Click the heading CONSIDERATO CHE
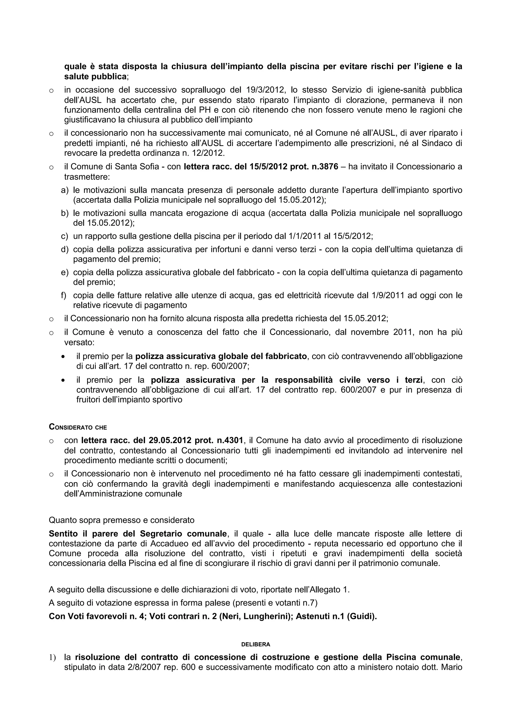click(x=78, y=427)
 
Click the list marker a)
click(x=65, y=190)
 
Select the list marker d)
click(x=65, y=249)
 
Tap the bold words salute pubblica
click(x=95, y=77)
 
